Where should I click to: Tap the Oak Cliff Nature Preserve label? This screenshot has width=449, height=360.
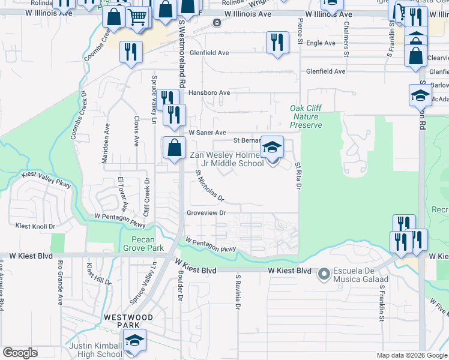(306, 116)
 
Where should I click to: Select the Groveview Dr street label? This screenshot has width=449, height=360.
(206, 213)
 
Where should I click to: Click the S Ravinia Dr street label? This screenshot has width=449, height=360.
(238, 292)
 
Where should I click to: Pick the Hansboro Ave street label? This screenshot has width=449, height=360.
(209, 93)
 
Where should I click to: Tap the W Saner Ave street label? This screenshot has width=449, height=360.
(207, 133)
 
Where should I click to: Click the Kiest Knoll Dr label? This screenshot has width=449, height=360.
(35, 226)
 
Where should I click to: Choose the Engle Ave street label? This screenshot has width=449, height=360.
(321, 43)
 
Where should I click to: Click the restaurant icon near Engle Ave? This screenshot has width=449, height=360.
(276, 43)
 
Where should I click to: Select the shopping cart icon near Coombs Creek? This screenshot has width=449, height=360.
(138, 19)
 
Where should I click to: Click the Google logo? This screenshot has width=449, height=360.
(20, 353)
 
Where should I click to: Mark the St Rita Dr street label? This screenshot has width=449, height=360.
(297, 176)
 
